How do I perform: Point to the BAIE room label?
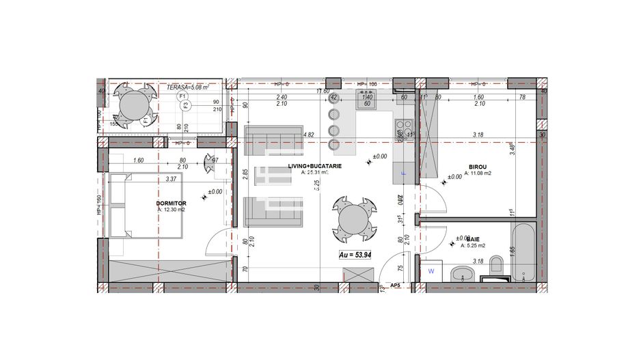[x=473, y=238]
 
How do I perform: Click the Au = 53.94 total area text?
[x=356, y=255]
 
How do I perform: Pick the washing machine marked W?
[x=431, y=271]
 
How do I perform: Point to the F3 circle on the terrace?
[x=185, y=105]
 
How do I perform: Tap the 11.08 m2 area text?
[x=478, y=174]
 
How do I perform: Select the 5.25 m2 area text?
[x=473, y=245]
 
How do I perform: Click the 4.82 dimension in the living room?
[x=308, y=135]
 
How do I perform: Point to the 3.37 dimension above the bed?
[x=172, y=180]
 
